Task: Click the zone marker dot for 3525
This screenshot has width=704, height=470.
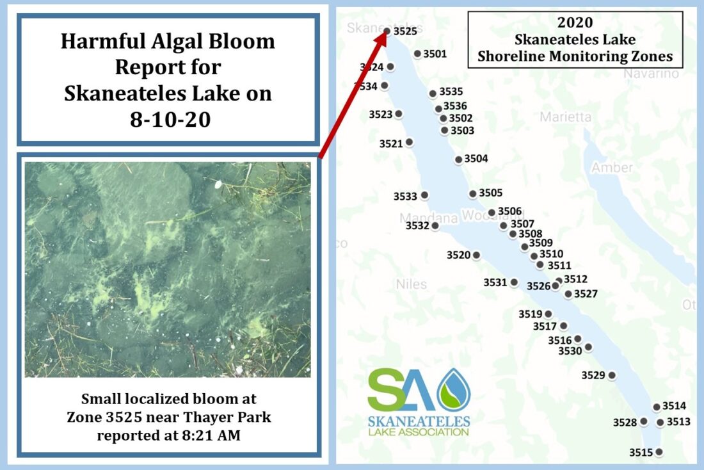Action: pyautogui.click(x=387, y=30)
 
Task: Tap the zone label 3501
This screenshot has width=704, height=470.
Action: pyautogui.click(x=435, y=54)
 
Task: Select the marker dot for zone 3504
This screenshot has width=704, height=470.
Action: pyautogui.click(x=458, y=159)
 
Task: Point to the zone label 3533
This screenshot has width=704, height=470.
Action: pyautogui.click(x=405, y=196)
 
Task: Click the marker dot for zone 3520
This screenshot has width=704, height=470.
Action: pyautogui.click(x=476, y=255)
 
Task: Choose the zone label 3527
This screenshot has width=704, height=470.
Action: pyautogui.click(x=586, y=294)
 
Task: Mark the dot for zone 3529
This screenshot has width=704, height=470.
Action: pyautogui.click(x=612, y=375)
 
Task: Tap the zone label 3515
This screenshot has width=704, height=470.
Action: pyautogui.click(x=641, y=452)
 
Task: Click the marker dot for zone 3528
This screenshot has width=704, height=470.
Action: pyautogui.click(x=643, y=421)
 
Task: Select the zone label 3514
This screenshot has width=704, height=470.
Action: pyautogui.click(x=674, y=406)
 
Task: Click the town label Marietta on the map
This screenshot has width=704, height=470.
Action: pyautogui.click(x=565, y=117)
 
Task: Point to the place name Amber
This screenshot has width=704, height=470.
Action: pyautogui.click(x=612, y=168)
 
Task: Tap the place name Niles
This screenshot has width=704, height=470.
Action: pyautogui.click(x=411, y=284)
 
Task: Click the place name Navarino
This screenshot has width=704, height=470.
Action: pyautogui.click(x=651, y=74)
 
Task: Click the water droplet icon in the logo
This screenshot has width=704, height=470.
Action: pyautogui.click(x=453, y=390)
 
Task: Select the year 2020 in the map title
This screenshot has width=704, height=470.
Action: pyautogui.click(x=575, y=23)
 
